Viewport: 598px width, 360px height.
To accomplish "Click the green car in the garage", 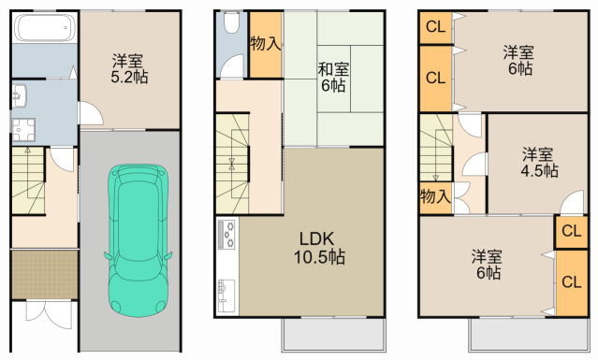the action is (139, 240).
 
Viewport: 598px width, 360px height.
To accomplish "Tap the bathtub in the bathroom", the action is (45, 28).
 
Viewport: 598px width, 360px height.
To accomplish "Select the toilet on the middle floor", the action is (231, 22).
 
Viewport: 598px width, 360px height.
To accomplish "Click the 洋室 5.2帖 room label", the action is (129, 68).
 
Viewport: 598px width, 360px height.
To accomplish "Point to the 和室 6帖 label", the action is (333, 78).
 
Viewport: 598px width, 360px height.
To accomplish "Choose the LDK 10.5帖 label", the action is (319, 248).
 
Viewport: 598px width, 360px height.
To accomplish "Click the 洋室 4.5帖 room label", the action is (539, 163).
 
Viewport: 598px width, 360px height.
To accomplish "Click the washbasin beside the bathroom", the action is (19, 95).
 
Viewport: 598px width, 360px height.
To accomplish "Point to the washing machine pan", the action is (23, 130).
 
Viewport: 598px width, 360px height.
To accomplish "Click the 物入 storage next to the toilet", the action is (266, 45).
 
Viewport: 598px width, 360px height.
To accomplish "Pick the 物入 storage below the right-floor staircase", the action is (436, 197).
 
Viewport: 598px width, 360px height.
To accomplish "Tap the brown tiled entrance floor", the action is (45, 275).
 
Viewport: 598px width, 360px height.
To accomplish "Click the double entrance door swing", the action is (49, 314).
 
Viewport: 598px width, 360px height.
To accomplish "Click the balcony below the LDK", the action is (334, 335).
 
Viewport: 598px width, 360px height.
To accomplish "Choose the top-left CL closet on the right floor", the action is (436, 28).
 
